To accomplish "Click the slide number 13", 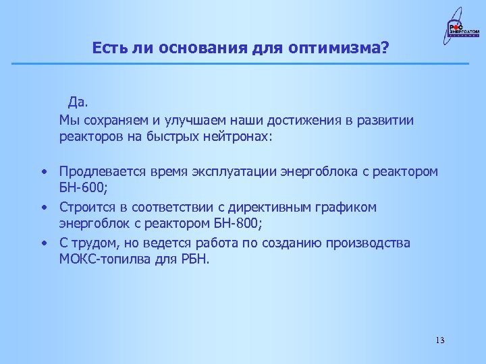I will (440, 339).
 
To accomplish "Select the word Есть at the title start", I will (108, 48).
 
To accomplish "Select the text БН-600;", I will (83, 189).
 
